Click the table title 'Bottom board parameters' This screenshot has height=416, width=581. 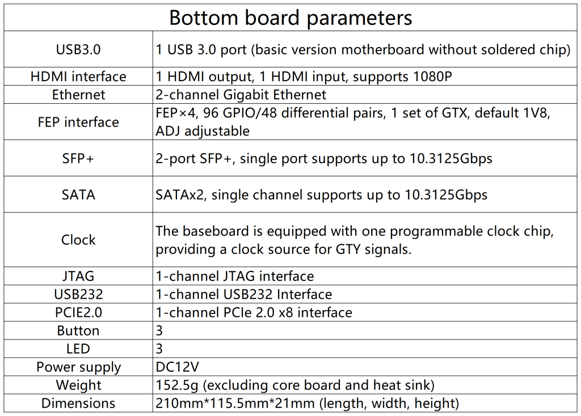[x=290, y=18]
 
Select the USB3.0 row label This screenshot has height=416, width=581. [x=78, y=50]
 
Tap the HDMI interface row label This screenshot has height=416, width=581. [x=78, y=77]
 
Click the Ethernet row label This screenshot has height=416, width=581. [x=78, y=95]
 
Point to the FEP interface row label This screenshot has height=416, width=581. [x=78, y=122]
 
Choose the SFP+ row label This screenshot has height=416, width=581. [x=78, y=158]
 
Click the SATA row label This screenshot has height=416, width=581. [x=78, y=194]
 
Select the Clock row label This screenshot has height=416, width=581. [x=78, y=240]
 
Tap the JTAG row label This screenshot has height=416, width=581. [x=78, y=276]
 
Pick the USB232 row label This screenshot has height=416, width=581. [x=78, y=294]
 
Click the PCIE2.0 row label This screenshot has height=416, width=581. [x=78, y=312]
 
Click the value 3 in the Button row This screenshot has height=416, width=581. [x=159, y=330]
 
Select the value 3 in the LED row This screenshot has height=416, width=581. [x=159, y=349]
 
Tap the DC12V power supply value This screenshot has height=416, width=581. [x=177, y=367]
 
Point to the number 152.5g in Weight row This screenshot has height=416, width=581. [x=177, y=385]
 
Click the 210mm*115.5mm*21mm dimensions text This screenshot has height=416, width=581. [x=235, y=403]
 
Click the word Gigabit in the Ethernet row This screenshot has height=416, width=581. [x=246, y=95]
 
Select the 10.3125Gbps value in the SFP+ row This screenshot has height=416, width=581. [x=451, y=159]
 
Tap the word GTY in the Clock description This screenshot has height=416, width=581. [x=348, y=249]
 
